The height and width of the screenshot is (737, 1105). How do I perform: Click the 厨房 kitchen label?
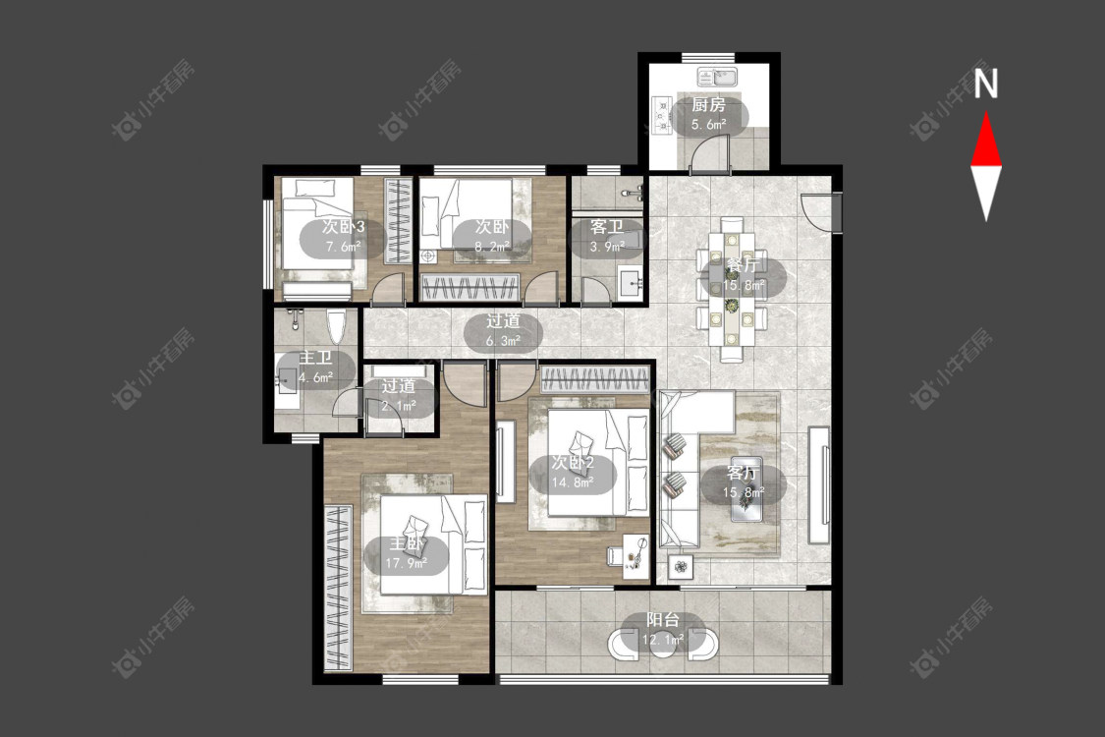708,105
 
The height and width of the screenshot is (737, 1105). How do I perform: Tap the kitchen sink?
717,76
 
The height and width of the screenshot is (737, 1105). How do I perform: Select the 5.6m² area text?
708,125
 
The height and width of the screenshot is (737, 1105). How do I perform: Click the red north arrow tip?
986,113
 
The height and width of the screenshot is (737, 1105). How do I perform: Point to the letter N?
986,84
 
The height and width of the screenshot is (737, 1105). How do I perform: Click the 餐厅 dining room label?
743,265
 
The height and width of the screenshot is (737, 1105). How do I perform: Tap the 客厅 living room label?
743,473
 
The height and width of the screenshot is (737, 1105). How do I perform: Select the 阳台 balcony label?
663,620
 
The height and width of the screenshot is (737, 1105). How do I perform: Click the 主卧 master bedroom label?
407,543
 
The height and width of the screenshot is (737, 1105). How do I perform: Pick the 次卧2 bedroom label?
573,463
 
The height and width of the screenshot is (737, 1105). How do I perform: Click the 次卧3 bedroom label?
343,227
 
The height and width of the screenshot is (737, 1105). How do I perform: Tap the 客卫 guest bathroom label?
607,227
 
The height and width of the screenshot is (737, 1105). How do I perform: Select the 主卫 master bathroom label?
315,358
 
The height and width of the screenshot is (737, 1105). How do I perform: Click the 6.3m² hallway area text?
503,341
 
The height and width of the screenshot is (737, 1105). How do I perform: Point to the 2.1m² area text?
398,406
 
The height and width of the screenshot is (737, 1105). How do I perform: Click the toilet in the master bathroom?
337,325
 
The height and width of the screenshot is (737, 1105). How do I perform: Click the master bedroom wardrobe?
338,589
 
